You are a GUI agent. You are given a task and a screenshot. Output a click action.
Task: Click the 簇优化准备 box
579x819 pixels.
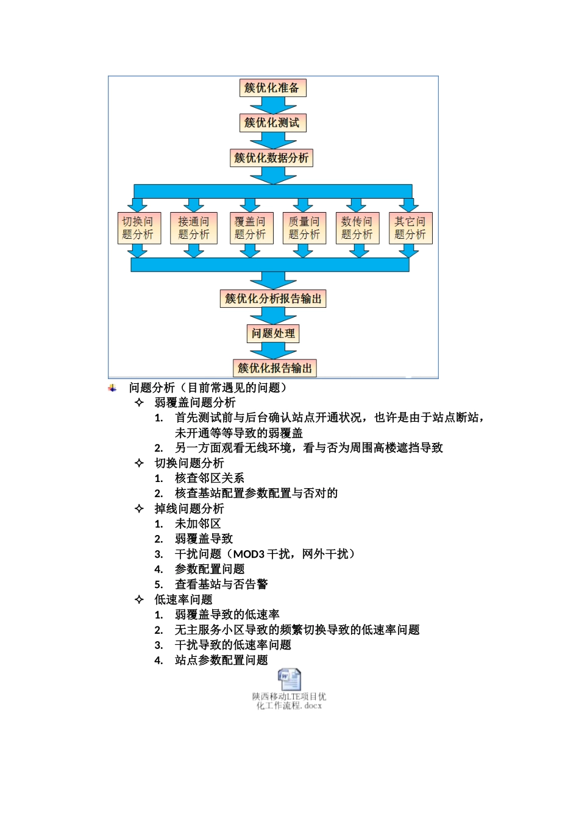point(272,88)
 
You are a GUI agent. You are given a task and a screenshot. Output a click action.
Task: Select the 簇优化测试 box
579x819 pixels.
point(272,122)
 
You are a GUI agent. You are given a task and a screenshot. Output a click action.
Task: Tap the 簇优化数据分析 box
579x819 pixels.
point(271,158)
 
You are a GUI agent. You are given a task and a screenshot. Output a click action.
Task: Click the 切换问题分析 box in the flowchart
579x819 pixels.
point(139,228)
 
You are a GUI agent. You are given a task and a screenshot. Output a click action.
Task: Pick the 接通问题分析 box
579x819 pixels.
point(194,228)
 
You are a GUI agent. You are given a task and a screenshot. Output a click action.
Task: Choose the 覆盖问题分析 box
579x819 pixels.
point(251,228)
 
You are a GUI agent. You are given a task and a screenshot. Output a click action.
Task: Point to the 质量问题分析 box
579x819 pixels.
point(304,228)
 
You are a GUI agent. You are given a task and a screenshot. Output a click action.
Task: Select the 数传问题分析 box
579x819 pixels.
point(357,228)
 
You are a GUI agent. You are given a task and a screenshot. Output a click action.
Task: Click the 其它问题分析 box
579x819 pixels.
point(410,228)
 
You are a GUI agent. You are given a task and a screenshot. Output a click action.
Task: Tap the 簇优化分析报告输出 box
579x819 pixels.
point(272,299)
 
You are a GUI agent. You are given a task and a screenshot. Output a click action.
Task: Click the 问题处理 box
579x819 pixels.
point(272,333)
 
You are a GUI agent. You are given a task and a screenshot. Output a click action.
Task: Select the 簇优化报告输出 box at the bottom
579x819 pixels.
point(274,368)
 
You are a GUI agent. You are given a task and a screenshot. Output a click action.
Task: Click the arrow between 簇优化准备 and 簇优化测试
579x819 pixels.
point(272,105)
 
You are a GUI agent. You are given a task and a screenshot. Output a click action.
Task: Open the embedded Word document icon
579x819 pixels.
point(289,679)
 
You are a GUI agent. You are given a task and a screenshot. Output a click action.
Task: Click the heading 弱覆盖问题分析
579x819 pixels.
point(194,402)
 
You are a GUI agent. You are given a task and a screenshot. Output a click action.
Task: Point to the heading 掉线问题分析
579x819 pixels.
point(189,508)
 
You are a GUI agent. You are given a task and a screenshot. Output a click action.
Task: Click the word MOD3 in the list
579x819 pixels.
point(249,554)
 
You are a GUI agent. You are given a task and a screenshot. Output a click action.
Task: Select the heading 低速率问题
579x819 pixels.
point(183,599)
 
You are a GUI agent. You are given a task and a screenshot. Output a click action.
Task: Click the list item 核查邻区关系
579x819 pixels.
point(209,478)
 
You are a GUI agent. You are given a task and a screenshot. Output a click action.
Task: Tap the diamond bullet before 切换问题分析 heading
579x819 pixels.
point(139,463)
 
